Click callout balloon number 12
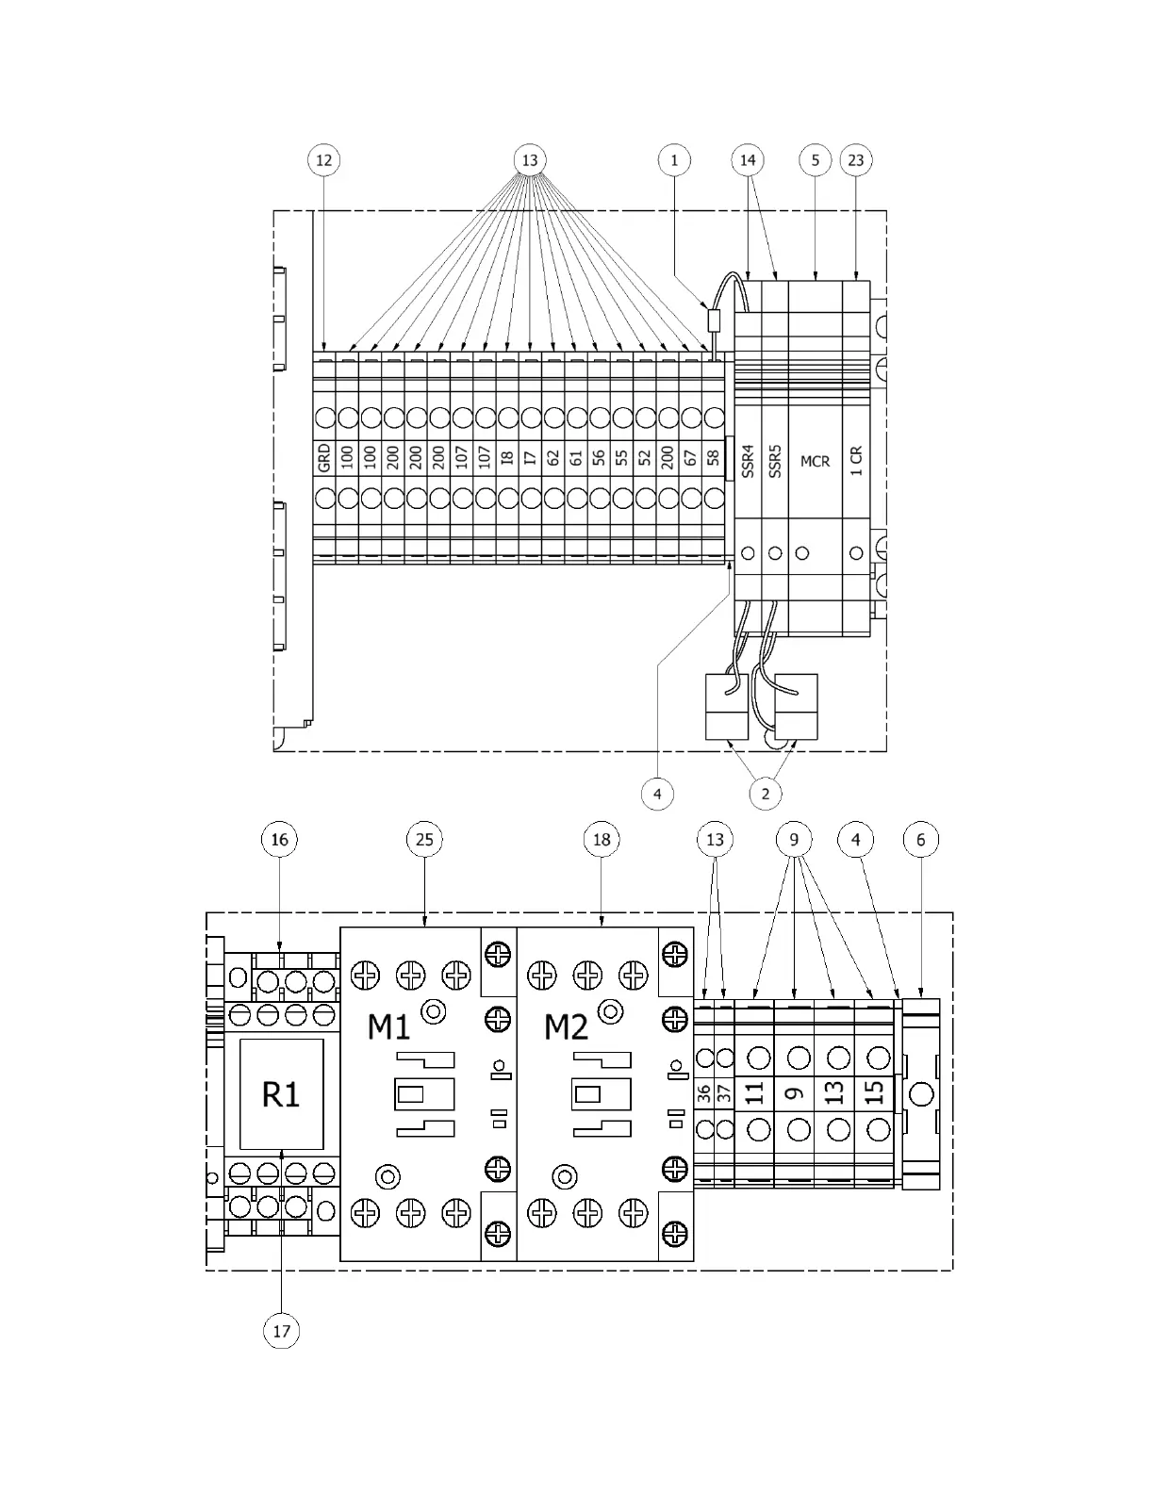323,160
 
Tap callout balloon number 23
855,160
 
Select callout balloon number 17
281,1331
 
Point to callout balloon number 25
424,839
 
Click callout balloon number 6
920,839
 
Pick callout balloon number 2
765,794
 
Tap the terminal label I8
507,458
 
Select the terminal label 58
714,458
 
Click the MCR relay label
815,462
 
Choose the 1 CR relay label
856,460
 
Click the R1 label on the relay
281,1094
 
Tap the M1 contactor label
388,1026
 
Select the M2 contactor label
566,1026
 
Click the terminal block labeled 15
875,1093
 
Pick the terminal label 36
703,1093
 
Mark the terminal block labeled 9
795,1093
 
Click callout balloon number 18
601,839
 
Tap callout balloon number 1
674,160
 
